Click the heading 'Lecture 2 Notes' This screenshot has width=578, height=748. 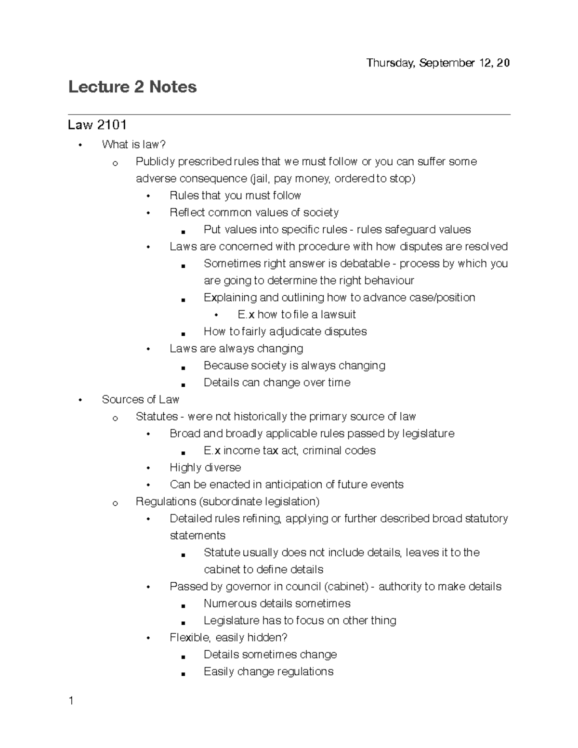(x=132, y=87)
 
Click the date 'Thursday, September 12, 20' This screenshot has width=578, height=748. (x=438, y=63)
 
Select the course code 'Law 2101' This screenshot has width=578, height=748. (x=97, y=125)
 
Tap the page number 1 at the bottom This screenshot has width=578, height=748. (x=71, y=701)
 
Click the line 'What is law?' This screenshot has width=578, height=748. (x=134, y=144)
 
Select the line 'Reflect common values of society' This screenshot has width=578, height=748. (x=254, y=212)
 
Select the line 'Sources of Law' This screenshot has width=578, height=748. (x=140, y=399)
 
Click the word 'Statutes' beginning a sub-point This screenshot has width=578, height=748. (x=157, y=417)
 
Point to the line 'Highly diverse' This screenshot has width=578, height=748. (x=205, y=467)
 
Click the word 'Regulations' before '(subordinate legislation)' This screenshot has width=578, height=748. (x=166, y=501)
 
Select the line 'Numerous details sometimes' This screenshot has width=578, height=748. (x=277, y=604)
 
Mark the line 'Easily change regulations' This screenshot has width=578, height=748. (x=268, y=671)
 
